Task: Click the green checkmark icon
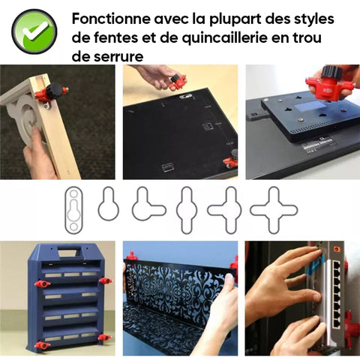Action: pos(34,31)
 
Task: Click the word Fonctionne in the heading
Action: pos(111,19)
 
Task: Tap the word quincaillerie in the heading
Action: pos(225,37)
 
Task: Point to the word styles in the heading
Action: pos(313,19)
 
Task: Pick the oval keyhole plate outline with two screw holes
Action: pos(73,210)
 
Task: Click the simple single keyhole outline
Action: pos(109,204)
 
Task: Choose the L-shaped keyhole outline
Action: pos(148,204)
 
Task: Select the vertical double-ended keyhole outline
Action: pos(187,210)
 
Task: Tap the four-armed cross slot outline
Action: pos(274,210)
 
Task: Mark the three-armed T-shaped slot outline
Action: pos(225,210)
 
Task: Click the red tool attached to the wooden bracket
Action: pos(50,92)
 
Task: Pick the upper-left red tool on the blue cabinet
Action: pos(42,284)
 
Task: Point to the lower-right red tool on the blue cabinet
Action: pos(104,338)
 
